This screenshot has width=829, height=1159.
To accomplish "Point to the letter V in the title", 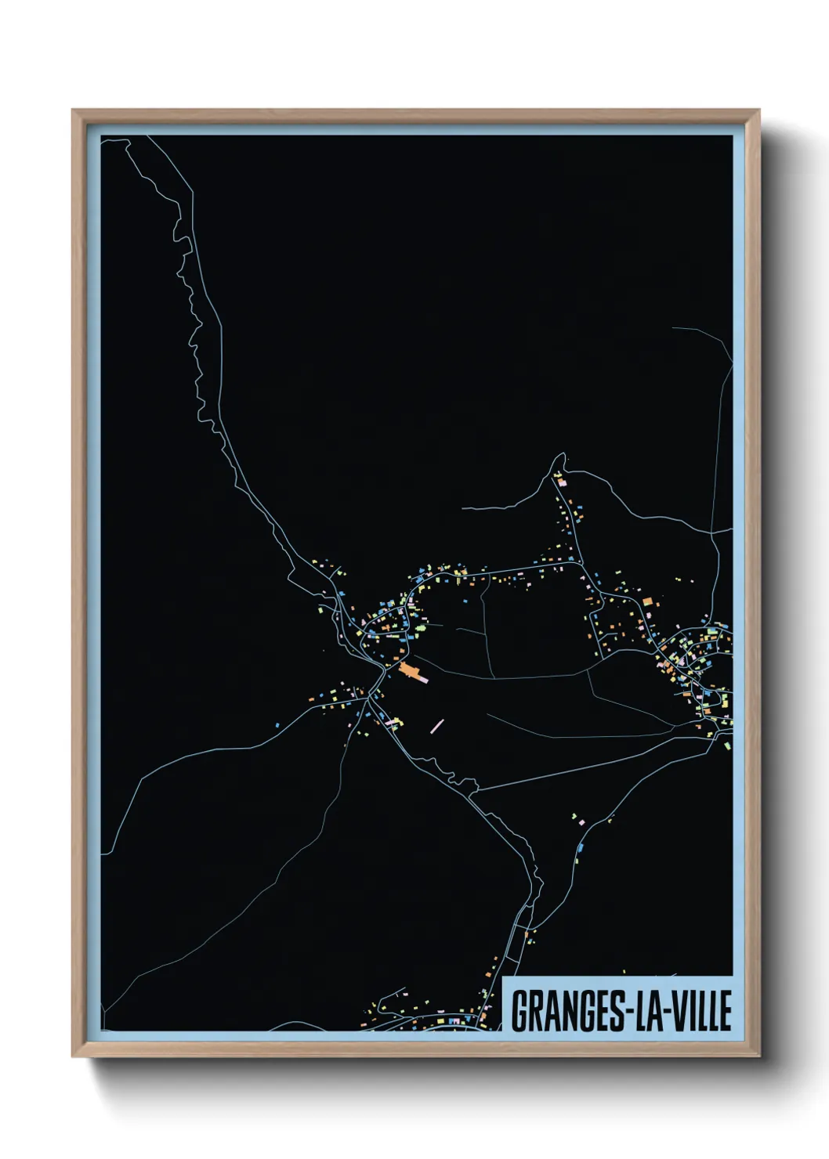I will click(x=675, y=1011).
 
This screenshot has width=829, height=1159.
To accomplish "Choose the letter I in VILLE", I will click(x=690, y=1011).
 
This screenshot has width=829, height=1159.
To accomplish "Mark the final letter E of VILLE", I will click(x=725, y=1011).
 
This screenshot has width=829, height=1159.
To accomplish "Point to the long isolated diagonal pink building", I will click(x=437, y=726).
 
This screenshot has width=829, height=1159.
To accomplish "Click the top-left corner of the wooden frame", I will click(x=73, y=110).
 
